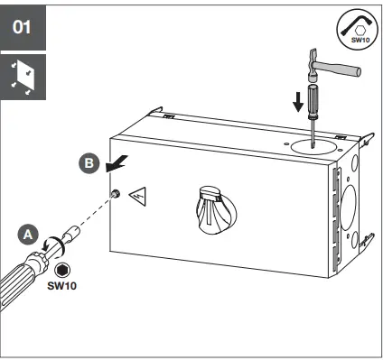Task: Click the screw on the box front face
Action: point(117,196)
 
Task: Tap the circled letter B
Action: point(88,164)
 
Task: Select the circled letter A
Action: point(28,234)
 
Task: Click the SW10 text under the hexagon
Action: point(61,286)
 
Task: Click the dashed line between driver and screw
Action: point(95,216)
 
